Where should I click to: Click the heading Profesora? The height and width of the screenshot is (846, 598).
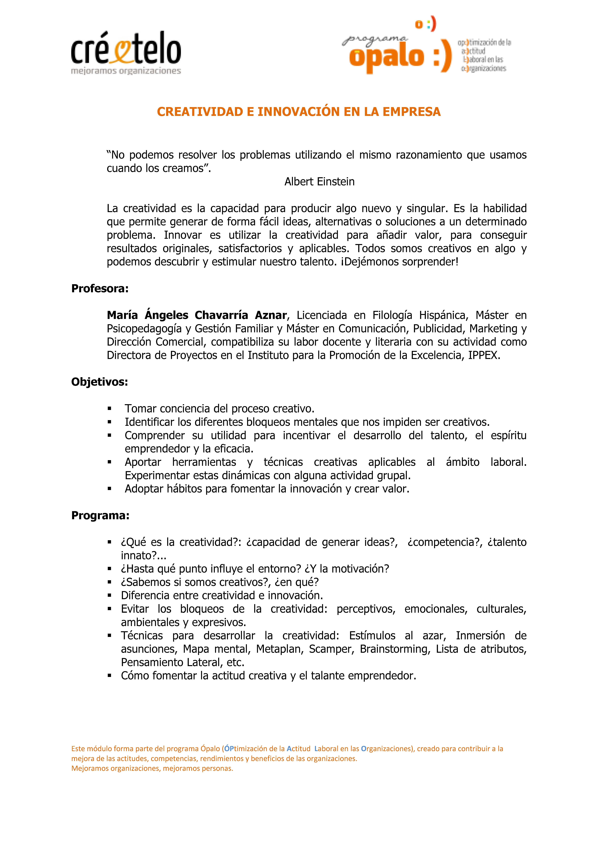(x=100, y=289)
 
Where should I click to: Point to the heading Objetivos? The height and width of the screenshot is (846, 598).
(x=99, y=382)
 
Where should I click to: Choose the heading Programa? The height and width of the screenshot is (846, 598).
(x=100, y=515)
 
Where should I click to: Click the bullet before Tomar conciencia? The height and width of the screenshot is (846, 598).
(x=109, y=409)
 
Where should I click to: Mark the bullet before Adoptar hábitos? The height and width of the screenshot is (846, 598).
(x=109, y=489)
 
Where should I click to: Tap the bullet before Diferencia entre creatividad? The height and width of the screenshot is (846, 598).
(x=109, y=595)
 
